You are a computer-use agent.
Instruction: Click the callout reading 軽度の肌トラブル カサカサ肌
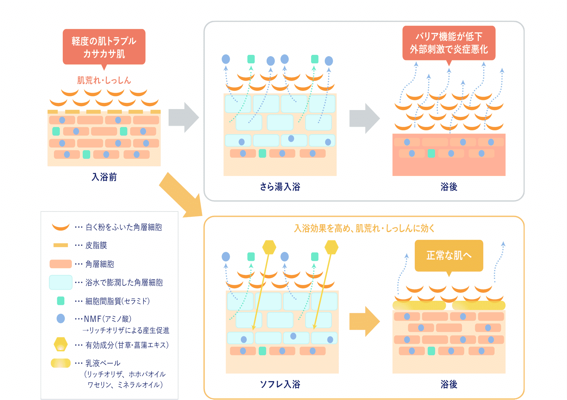pyautogui.click(x=104, y=47)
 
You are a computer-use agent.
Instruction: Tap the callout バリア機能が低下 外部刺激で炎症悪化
pyautogui.click(x=449, y=43)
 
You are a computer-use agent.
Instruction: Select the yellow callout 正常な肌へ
pyautogui.click(x=449, y=255)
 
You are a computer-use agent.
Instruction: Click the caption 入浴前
pyautogui.click(x=104, y=177)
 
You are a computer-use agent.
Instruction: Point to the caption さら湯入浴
pyautogui.click(x=280, y=187)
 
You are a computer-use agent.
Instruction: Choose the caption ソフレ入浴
pyautogui.click(x=280, y=384)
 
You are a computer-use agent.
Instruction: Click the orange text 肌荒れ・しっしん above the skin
pyautogui.click(x=104, y=80)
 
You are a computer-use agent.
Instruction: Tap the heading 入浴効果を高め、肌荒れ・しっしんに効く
pyautogui.click(x=364, y=228)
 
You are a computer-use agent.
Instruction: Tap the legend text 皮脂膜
pyautogui.click(x=96, y=245)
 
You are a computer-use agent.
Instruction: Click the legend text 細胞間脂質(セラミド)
pyautogui.click(x=118, y=301)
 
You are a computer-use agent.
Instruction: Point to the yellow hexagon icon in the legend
pyautogui.click(x=61, y=344)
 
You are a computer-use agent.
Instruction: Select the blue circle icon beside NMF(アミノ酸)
pyautogui.click(x=61, y=318)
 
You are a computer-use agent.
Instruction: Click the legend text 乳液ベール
pyautogui.click(x=103, y=363)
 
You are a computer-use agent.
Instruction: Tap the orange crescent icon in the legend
pyautogui.click(x=61, y=227)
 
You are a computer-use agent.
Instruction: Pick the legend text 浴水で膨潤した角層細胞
pyautogui.click(x=124, y=282)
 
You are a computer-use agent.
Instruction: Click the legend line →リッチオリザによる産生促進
pyautogui.click(x=126, y=330)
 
